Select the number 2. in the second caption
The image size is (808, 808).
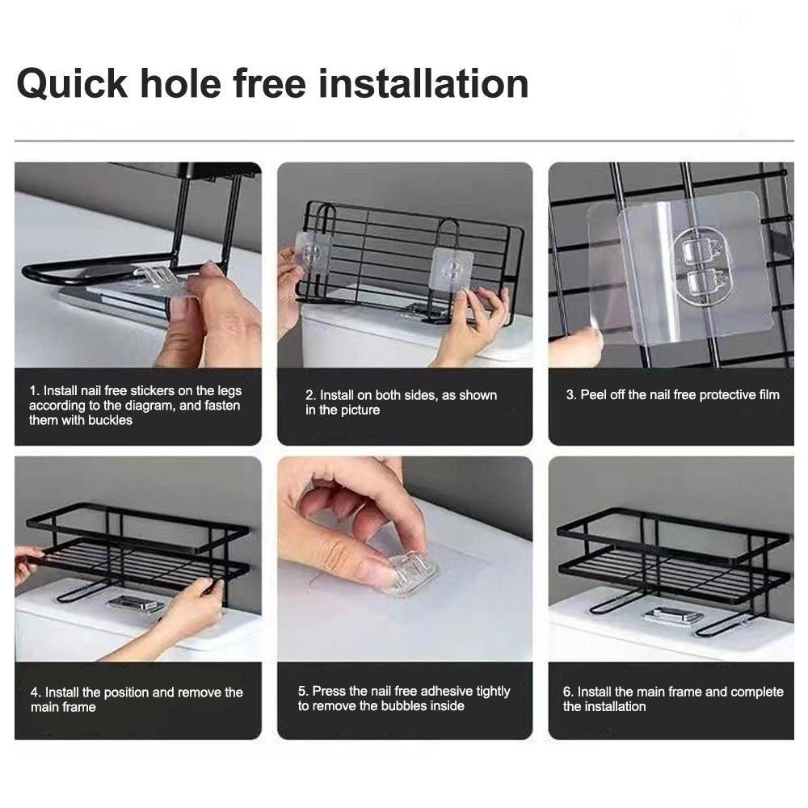310,396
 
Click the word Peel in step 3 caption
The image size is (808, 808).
593,395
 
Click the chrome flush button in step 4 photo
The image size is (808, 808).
133,603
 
